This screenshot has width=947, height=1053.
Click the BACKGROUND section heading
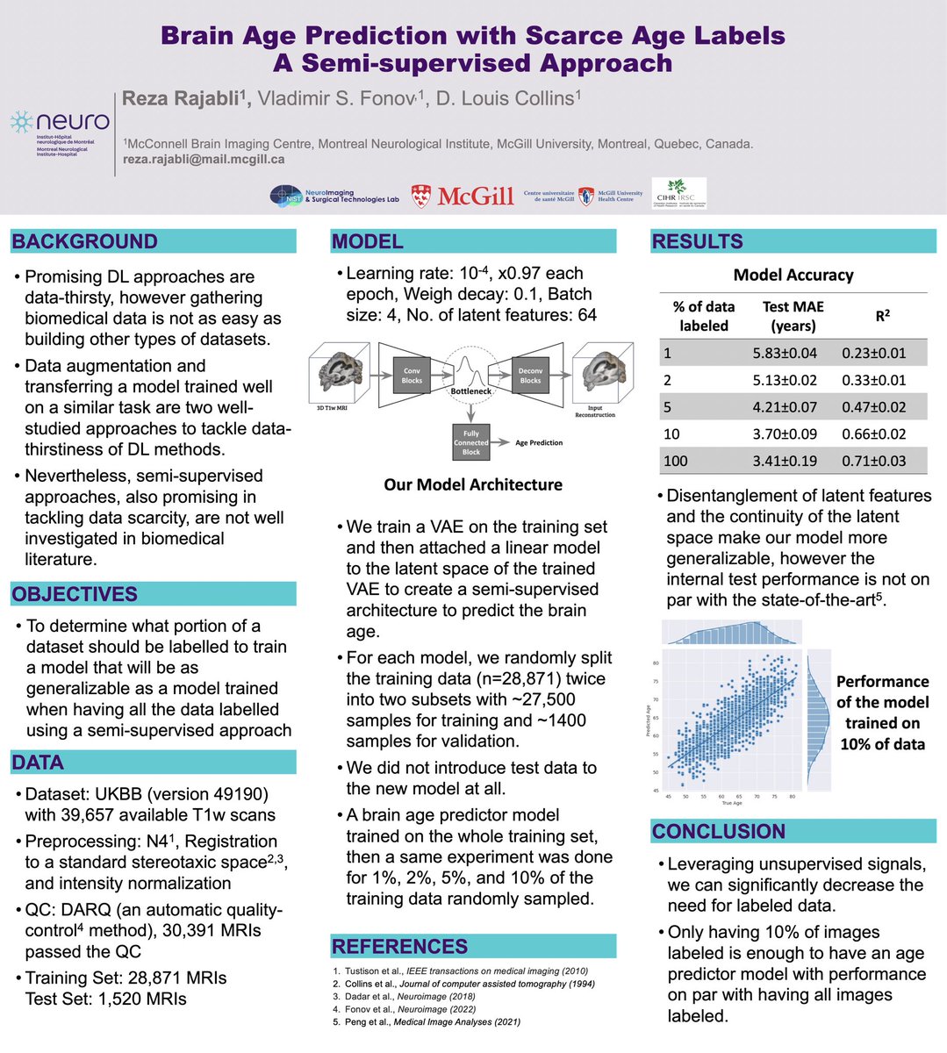[x=85, y=241]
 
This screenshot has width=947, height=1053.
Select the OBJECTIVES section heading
[x=75, y=594]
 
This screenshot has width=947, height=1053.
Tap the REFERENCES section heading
[x=399, y=946]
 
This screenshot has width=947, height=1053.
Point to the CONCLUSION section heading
[x=719, y=831]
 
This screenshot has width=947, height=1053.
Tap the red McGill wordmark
[x=463, y=197]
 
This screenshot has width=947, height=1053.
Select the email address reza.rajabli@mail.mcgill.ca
[x=204, y=160]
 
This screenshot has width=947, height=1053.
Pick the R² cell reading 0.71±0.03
[x=873, y=461]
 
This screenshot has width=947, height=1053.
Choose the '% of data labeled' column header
[x=704, y=316]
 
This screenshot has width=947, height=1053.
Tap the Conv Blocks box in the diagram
[x=412, y=376]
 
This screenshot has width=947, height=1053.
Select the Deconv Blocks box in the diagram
[x=530, y=376]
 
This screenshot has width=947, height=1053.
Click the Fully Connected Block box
[x=471, y=442]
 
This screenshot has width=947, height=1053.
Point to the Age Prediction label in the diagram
[x=539, y=443]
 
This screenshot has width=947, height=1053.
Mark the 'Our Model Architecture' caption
[x=473, y=484]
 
